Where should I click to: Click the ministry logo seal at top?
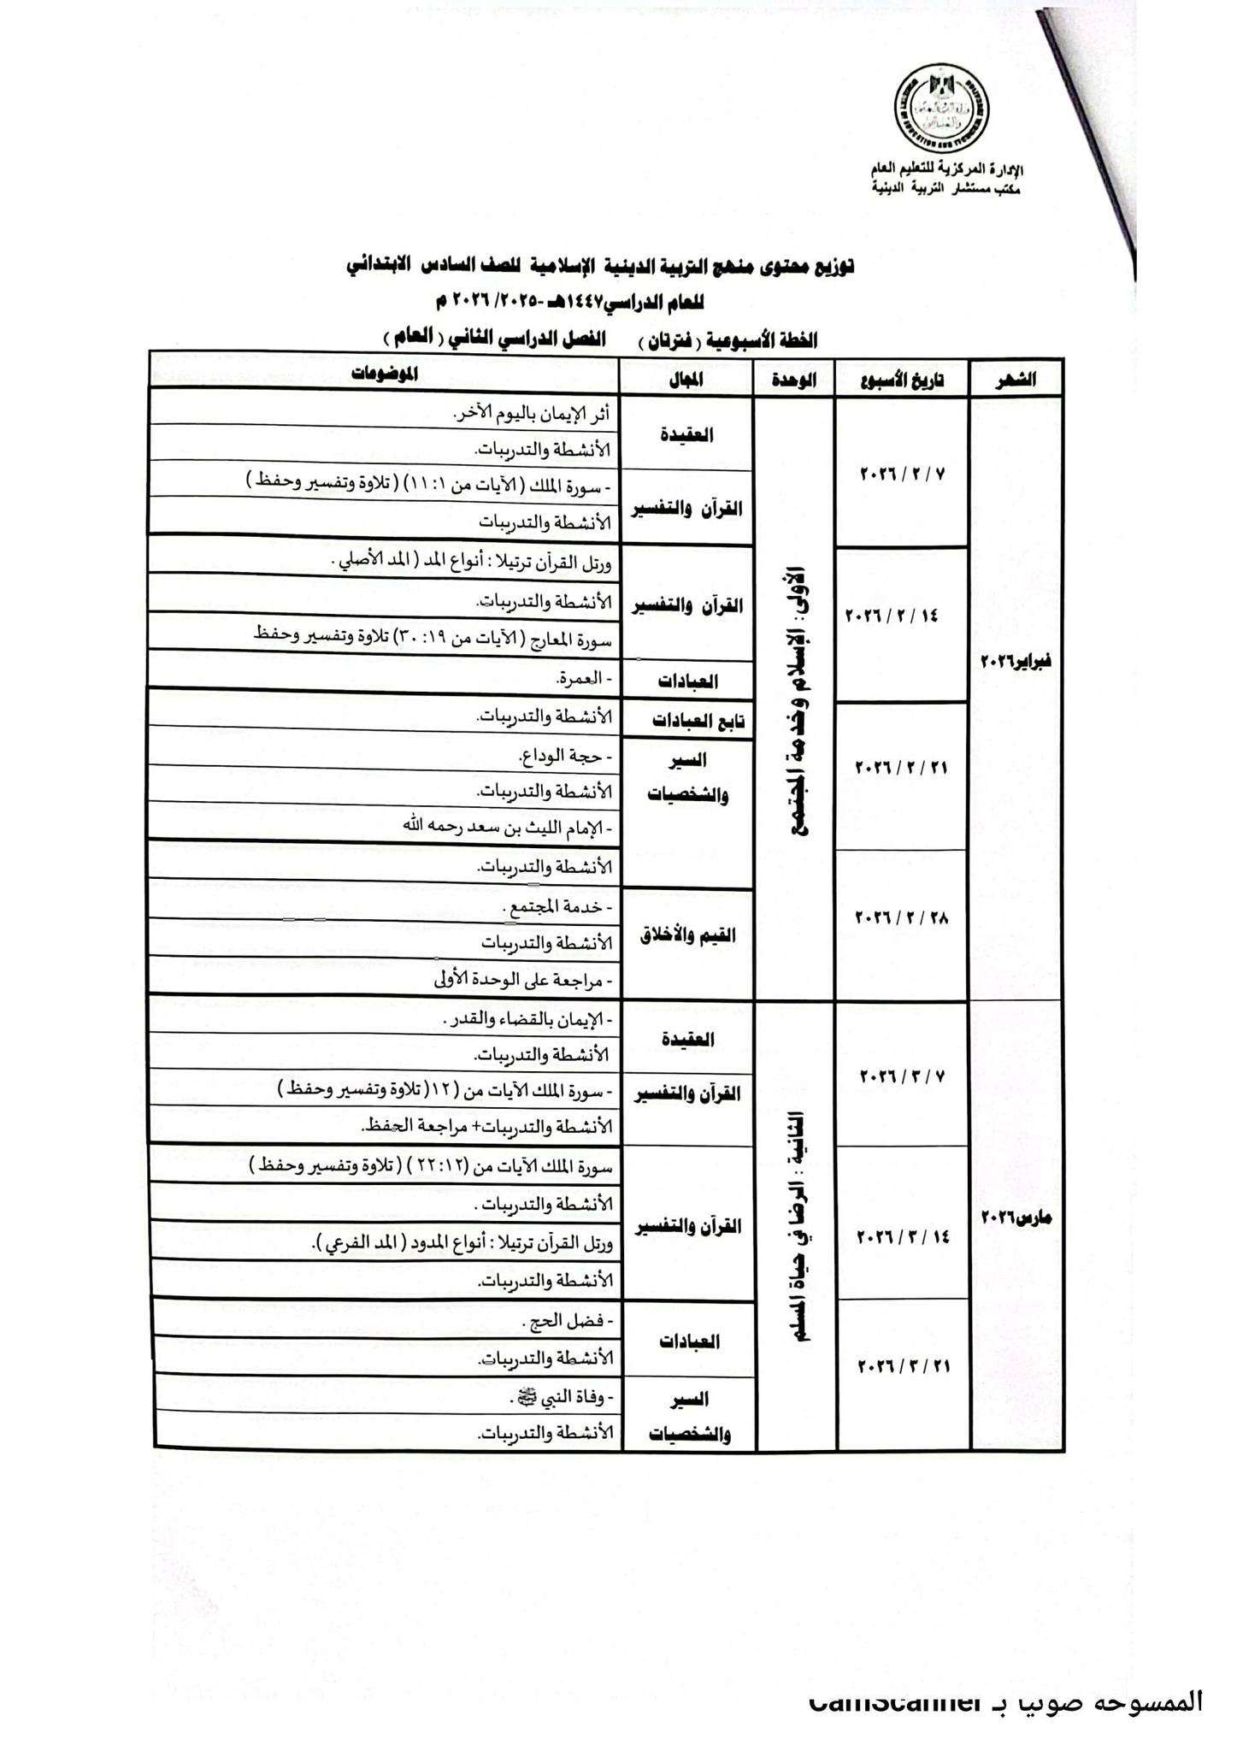941,109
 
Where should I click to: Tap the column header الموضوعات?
384,374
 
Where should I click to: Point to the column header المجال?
686,380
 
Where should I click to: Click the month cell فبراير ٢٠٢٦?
1016,661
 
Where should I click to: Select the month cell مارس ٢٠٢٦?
1016,1217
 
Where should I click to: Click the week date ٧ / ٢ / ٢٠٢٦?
902,473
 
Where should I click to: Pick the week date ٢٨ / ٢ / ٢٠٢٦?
902,917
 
